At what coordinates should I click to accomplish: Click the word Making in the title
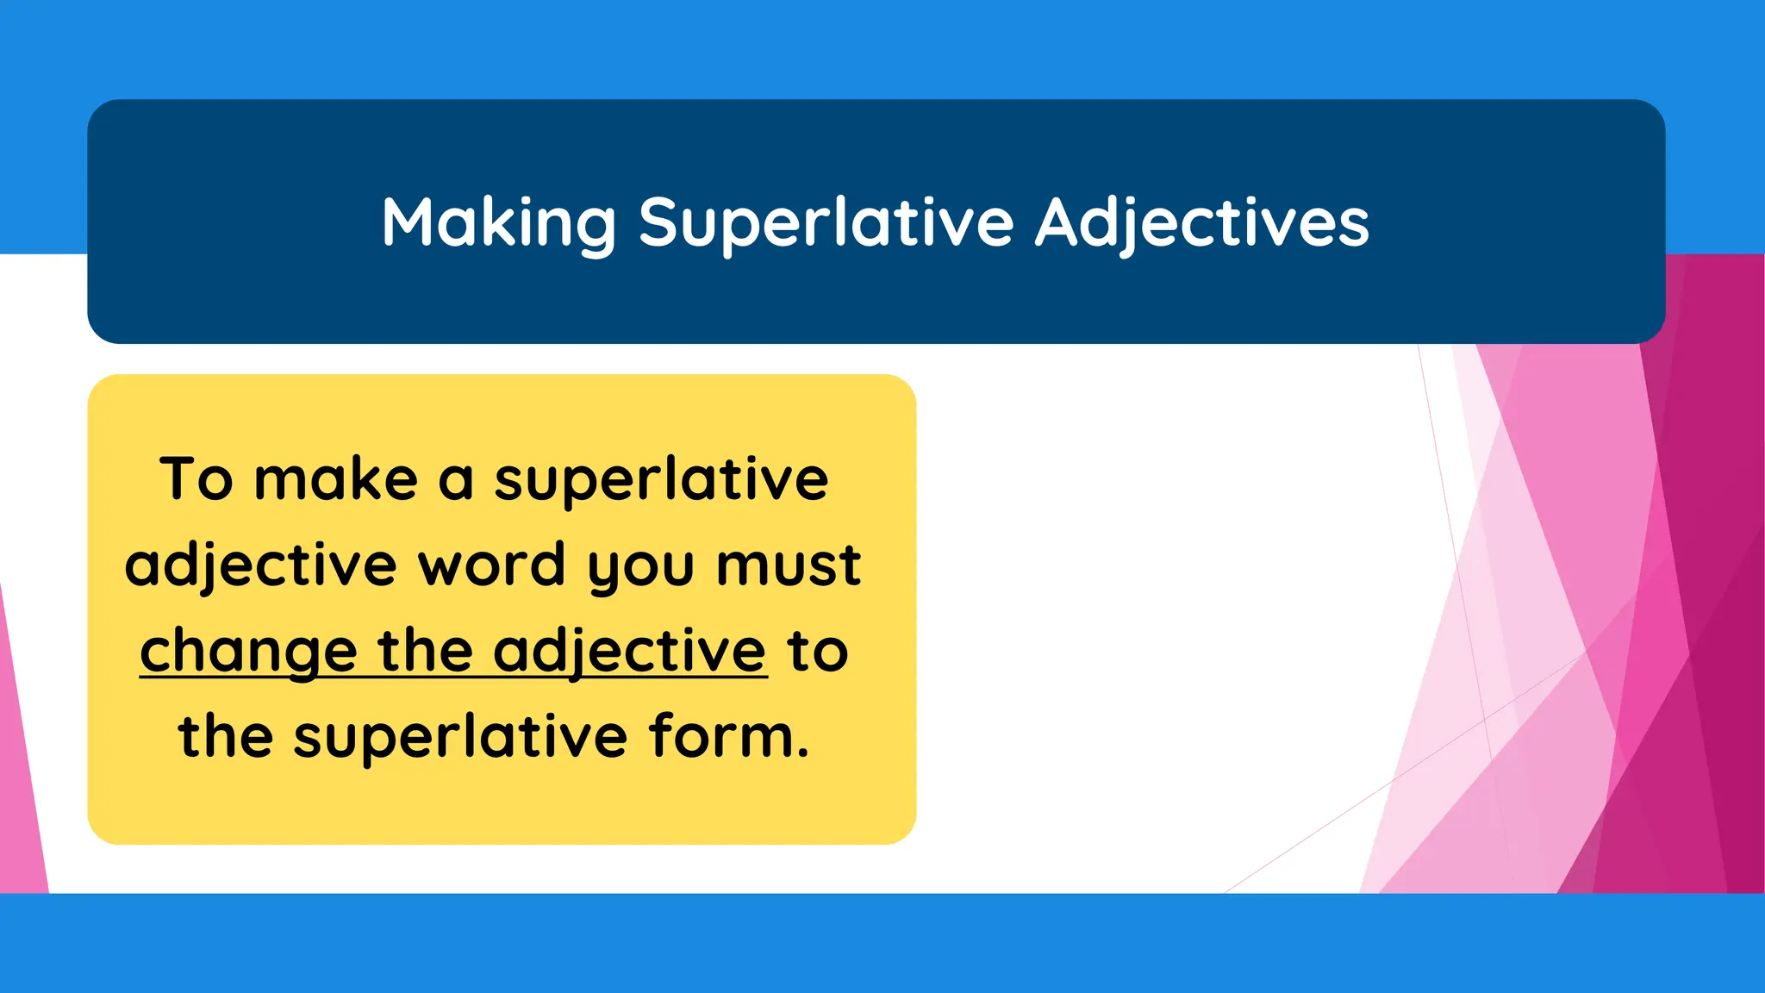tap(499, 223)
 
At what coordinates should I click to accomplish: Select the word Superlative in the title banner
tap(826, 223)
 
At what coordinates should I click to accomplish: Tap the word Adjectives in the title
tap(1202, 223)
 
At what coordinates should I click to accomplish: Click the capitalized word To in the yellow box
tap(196, 479)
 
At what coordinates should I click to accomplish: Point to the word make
tap(336, 479)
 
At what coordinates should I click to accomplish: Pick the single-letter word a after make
tap(456, 481)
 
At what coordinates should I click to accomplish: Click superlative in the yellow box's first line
tap(661, 479)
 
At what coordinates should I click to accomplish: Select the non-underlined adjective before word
tap(260, 565)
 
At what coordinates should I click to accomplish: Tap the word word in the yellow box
tap(491, 565)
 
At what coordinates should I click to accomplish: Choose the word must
tap(789, 565)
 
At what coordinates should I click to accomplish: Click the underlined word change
tap(248, 652)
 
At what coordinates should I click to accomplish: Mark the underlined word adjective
tap(629, 652)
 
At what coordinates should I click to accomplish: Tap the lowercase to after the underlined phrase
tap(818, 652)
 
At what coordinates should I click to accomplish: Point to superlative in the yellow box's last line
tap(460, 738)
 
